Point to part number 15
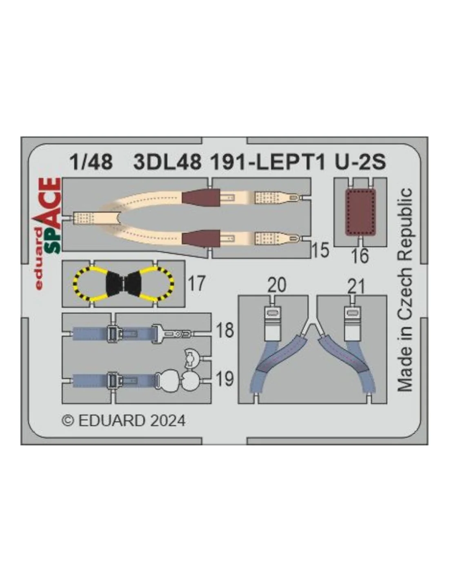tap(320, 250)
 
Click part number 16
tap(360, 255)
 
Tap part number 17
tap(197, 283)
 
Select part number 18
tap(225, 330)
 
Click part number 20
tap(277, 285)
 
